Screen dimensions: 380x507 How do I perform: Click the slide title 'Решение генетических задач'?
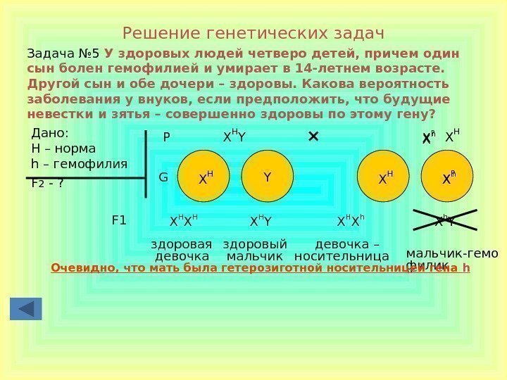pyautogui.click(x=253, y=33)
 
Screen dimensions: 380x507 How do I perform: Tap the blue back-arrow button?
pyautogui.click(x=26, y=309)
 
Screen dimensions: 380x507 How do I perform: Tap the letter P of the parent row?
pyautogui.click(x=167, y=138)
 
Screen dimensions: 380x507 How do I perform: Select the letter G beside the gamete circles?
pyautogui.click(x=163, y=177)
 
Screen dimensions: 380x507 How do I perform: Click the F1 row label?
pyautogui.click(x=119, y=220)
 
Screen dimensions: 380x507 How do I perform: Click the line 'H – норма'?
pyautogui.click(x=63, y=148)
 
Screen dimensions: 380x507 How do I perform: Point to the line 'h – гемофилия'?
pyautogui.click(x=80, y=164)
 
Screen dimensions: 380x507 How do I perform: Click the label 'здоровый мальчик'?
pyautogui.click(x=255, y=250)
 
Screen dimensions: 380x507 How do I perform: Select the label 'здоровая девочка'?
pyautogui.click(x=182, y=250)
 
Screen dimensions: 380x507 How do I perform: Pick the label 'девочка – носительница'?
pyautogui.click(x=342, y=250)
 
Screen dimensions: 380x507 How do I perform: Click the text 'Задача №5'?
pyautogui.click(x=63, y=53)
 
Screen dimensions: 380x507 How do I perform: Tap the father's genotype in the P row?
pyautogui.click(x=234, y=137)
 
